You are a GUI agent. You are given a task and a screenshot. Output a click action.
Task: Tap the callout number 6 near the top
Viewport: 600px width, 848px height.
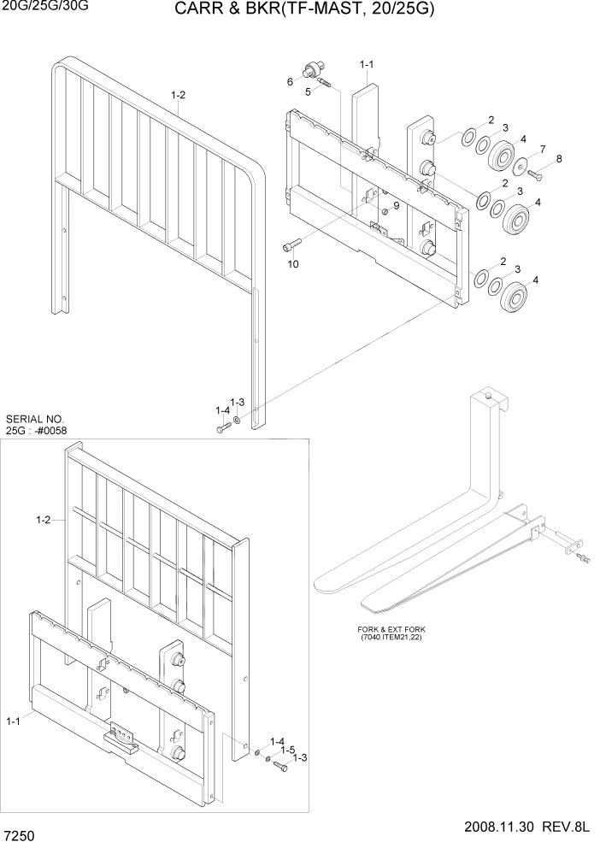[x=290, y=82]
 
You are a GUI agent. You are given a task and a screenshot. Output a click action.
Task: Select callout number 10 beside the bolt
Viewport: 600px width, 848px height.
[x=292, y=264]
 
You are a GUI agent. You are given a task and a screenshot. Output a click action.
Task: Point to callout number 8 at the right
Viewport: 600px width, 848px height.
[x=559, y=159]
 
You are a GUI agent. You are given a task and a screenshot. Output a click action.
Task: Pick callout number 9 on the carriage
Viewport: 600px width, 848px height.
[x=396, y=205]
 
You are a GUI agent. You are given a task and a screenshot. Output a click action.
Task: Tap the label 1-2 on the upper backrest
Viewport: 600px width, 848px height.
[x=178, y=95]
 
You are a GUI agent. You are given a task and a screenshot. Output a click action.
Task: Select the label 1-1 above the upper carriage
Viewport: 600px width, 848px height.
[x=368, y=64]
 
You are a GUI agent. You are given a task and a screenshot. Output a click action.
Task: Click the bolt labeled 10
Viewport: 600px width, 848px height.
[x=288, y=246]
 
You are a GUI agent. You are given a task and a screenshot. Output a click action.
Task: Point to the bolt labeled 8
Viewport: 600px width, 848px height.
[x=534, y=175]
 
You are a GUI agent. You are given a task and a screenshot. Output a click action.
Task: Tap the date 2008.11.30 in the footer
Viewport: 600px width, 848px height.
[x=503, y=827]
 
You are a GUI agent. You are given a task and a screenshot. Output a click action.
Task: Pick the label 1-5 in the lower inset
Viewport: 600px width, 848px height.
[x=290, y=749]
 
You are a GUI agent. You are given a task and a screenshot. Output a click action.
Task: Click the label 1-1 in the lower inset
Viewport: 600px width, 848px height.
[x=14, y=722]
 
